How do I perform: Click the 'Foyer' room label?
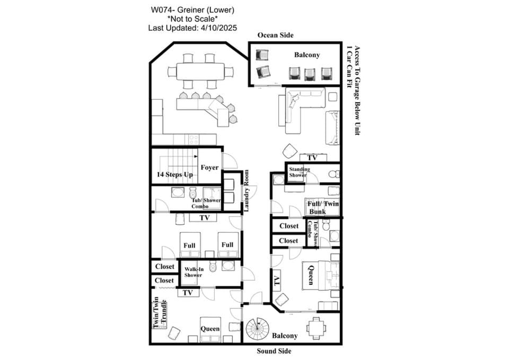click(209, 168)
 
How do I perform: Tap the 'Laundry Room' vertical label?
click(247, 191)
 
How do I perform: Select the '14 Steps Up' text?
click(174, 174)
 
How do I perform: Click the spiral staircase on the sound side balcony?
click(258, 328)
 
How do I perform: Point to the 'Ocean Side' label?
click(275, 35)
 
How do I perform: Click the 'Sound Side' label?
click(274, 351)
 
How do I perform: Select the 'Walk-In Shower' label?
click(194, 272)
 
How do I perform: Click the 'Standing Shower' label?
click(299, 172)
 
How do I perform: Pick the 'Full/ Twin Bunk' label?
click(323, 208)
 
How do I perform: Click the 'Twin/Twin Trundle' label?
click(160, 312)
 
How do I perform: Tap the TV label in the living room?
click(312, 158)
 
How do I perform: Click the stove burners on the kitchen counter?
click(194, 140)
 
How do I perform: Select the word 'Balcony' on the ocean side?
click(307, 55)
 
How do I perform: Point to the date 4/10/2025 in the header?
click(219, 28)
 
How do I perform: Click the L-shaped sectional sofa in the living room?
click(302, 110)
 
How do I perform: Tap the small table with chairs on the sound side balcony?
click(316, 328)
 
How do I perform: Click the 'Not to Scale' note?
click(192, 19)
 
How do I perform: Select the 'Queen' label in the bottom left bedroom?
click(210, 329)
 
